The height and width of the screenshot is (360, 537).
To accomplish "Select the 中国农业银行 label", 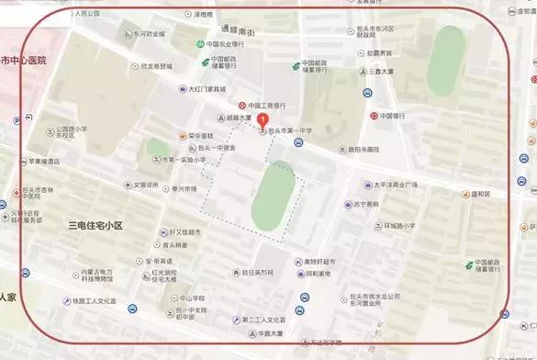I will (x=224, y=44).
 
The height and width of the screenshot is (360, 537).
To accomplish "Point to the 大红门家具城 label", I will (x=207, y=89).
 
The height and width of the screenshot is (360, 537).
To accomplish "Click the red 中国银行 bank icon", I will (x=375, y=117).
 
